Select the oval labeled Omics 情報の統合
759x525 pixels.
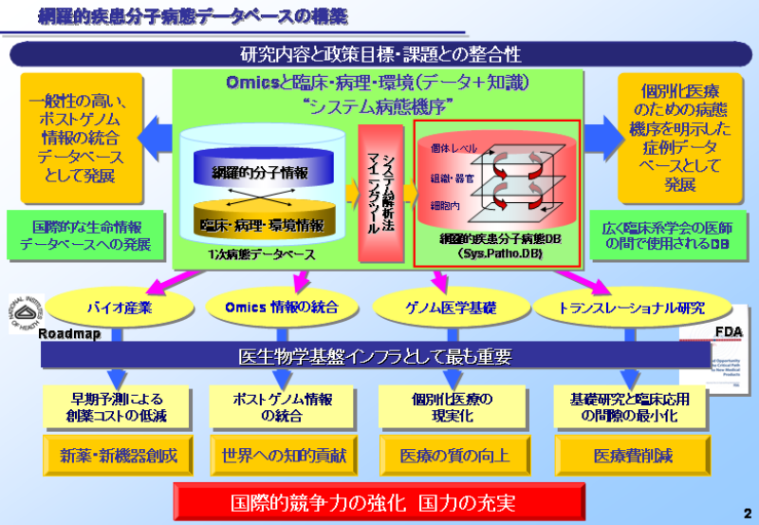click(x=281, y=307)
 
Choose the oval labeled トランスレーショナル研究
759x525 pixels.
click(x=618, y=307)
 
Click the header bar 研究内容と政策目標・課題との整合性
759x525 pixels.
click(x=379, y=54)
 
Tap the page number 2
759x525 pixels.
click(x=747, y=512)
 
